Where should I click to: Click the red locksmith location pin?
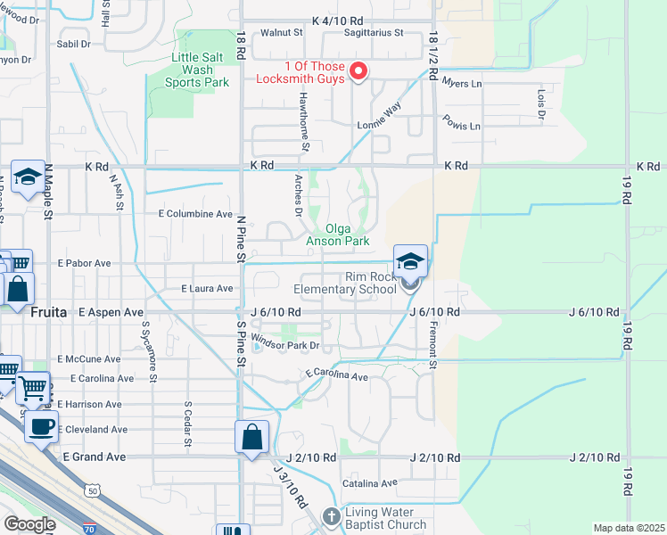(358, 70)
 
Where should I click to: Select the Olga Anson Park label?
(337, 235)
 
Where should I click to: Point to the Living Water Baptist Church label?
(387, 518)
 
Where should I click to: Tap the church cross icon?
(332, 516)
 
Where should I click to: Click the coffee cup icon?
(41, 425)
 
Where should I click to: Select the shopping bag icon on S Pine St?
(252, 437)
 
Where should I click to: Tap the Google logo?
(29, 523)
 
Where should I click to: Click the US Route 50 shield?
(93, 490)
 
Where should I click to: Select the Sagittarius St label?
(374, 33)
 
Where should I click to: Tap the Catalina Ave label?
(370, 483)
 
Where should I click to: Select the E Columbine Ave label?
(195, 214)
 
